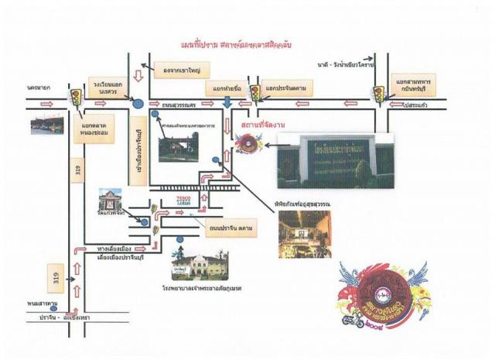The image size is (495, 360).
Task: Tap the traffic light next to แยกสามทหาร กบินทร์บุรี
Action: [379, 94]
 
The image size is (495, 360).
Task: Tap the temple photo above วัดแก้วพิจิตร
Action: [111, 198]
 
